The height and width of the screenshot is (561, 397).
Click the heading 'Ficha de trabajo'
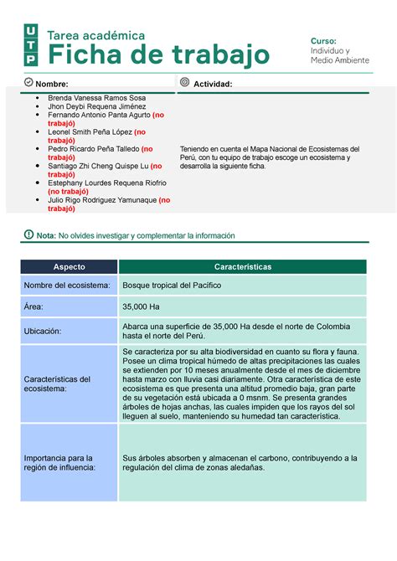tap(158, 55)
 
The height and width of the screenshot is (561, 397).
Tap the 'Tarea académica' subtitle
tap(96, 35)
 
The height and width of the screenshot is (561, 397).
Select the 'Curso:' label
tap(323, 41)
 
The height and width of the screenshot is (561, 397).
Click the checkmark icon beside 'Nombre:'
tap(28, 83)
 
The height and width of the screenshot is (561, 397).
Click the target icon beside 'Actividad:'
tap(184, 83)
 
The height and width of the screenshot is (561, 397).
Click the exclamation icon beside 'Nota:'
tap(28, 235)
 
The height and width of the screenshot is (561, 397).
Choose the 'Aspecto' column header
tap(70, 266)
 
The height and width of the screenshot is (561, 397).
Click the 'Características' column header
tap(242, 266)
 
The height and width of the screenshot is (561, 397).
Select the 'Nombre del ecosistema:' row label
tap(67, 286)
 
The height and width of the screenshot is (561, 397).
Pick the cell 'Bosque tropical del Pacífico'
tap(172, 286)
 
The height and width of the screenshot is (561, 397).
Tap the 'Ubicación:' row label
tap(48, 332)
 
